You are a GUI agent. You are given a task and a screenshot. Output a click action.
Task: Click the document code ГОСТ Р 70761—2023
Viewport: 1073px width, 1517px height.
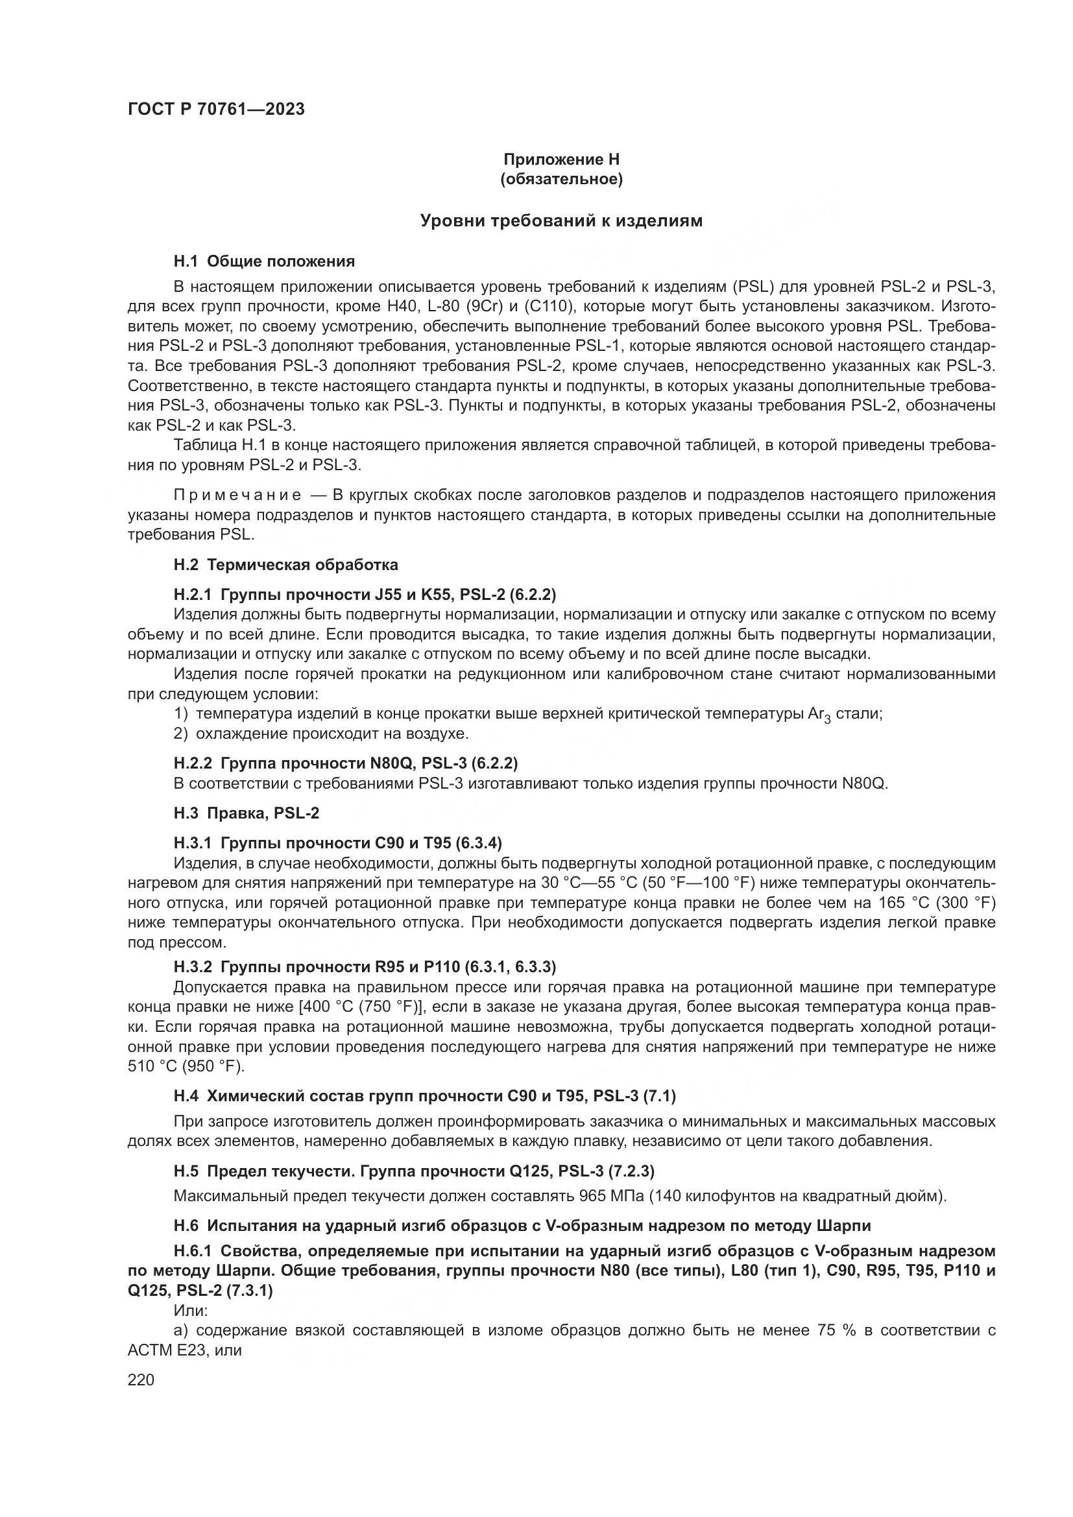[216, 109]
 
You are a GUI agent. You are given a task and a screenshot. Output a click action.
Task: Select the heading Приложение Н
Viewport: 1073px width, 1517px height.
[562, 160]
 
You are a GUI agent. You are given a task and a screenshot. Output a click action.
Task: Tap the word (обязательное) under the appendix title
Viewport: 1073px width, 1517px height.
[562, 179]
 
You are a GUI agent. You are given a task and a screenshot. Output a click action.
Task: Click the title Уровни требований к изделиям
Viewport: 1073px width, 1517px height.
[562, 221]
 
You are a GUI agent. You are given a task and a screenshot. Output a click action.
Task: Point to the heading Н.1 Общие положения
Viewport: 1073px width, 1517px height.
[264, 261]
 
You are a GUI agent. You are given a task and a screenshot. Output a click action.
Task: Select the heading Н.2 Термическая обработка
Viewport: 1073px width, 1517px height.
[285, 565]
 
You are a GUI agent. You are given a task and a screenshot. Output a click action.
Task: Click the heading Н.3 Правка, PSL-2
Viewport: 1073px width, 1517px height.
[247, 813]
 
